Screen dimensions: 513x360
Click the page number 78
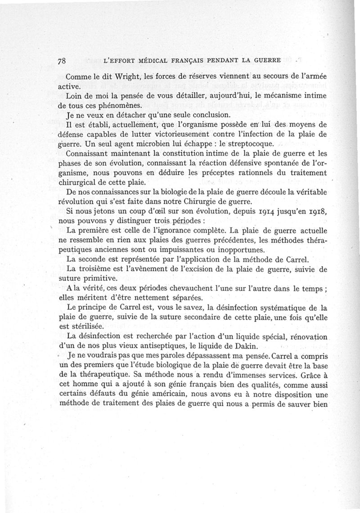click(63, 60)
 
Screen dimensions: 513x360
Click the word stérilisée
click(82, 327)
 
